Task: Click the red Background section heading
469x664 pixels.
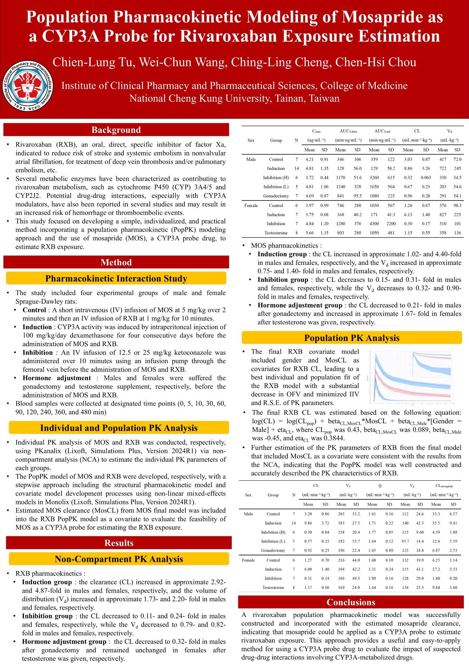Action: point(116,130)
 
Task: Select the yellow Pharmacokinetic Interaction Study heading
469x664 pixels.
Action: point(116,278)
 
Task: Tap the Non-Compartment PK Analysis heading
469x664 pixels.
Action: point(119,559)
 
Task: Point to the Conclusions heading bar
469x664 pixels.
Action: point(351,602)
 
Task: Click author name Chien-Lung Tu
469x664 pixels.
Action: point(93,62)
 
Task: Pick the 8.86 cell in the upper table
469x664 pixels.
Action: point(408,168)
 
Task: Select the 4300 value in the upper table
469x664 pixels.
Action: point(374,224)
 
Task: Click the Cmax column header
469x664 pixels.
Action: point(316,131)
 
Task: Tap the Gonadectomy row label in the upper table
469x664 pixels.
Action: point(276,196)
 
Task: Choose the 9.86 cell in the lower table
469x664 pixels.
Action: point(308,523)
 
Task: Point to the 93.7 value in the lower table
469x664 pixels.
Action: point(405,541)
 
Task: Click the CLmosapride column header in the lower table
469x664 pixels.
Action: point(444,486)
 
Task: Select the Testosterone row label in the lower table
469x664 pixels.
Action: point(273,587)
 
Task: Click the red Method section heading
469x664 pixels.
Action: point(116,262)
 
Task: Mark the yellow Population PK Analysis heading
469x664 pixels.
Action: point(352,338)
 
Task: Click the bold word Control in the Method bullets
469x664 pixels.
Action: point(34,310)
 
